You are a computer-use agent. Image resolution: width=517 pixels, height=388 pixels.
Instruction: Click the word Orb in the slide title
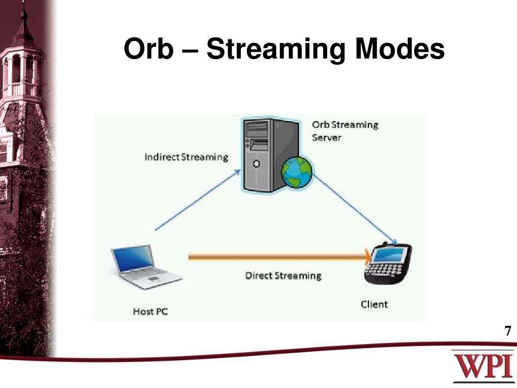point(147,50)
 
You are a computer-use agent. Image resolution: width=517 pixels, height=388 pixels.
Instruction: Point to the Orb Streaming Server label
point(345,131)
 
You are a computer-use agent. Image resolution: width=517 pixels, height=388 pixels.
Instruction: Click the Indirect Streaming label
point(186,157)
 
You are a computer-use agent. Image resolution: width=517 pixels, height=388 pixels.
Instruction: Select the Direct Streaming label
point(283,276)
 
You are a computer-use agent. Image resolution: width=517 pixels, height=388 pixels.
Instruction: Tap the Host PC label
point(150,311)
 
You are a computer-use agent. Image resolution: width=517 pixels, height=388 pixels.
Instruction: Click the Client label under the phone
point(374,304)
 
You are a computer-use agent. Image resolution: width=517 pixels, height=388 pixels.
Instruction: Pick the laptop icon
point(144,267)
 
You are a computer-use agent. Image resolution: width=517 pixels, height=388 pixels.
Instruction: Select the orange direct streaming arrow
point(278,257)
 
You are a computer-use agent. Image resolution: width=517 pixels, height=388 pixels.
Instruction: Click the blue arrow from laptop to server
point(197,200)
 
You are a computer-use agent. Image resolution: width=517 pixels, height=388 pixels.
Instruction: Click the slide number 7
point(507,331)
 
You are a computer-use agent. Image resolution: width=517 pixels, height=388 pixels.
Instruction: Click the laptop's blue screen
point(133,258)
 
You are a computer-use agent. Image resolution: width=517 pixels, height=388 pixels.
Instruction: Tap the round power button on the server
point(256,164)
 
